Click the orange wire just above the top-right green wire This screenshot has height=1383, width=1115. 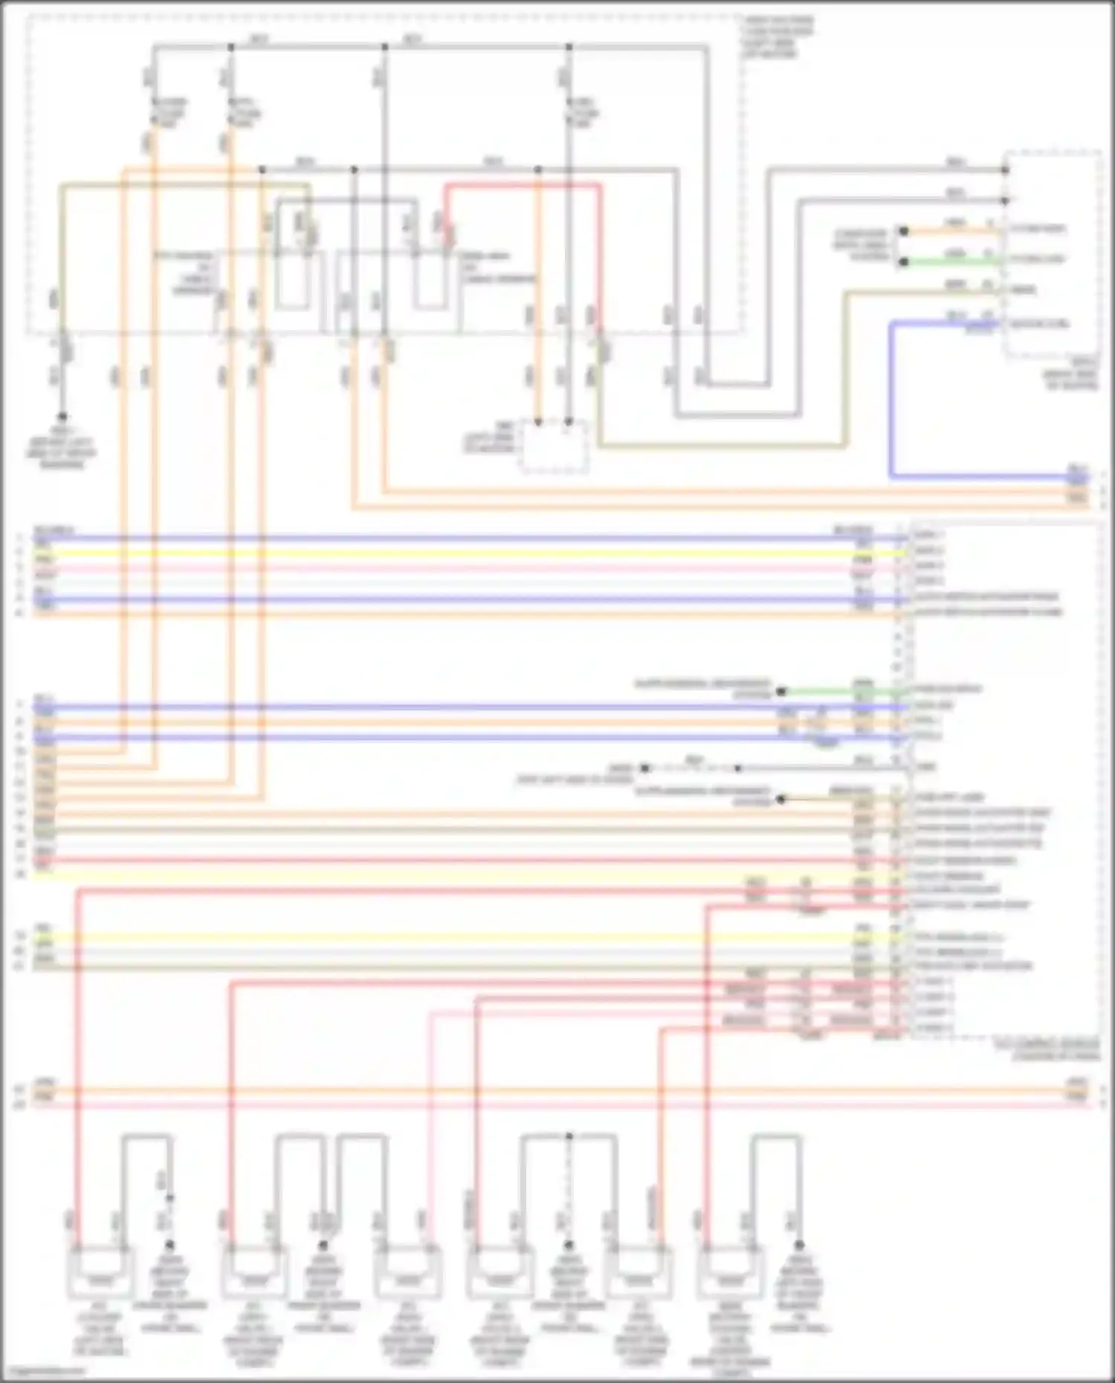click(951, 231)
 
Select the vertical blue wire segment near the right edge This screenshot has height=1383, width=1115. click(891, 401)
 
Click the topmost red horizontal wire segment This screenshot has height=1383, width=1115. click(520, 185)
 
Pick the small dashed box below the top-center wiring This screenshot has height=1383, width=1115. click(554, 446)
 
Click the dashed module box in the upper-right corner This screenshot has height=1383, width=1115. click(1052, 253)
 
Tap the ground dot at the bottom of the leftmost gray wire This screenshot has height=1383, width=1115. click(62, 417)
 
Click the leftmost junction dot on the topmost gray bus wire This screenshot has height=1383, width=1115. click(230, 47)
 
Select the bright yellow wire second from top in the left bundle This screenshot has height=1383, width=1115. click(446, 553)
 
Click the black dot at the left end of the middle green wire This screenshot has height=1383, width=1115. click(780, 691)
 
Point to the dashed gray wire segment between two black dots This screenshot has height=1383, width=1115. click(691, 768)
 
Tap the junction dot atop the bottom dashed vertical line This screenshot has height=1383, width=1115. click(569, 1136)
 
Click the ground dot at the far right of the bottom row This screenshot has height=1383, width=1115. click(799, 1244)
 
